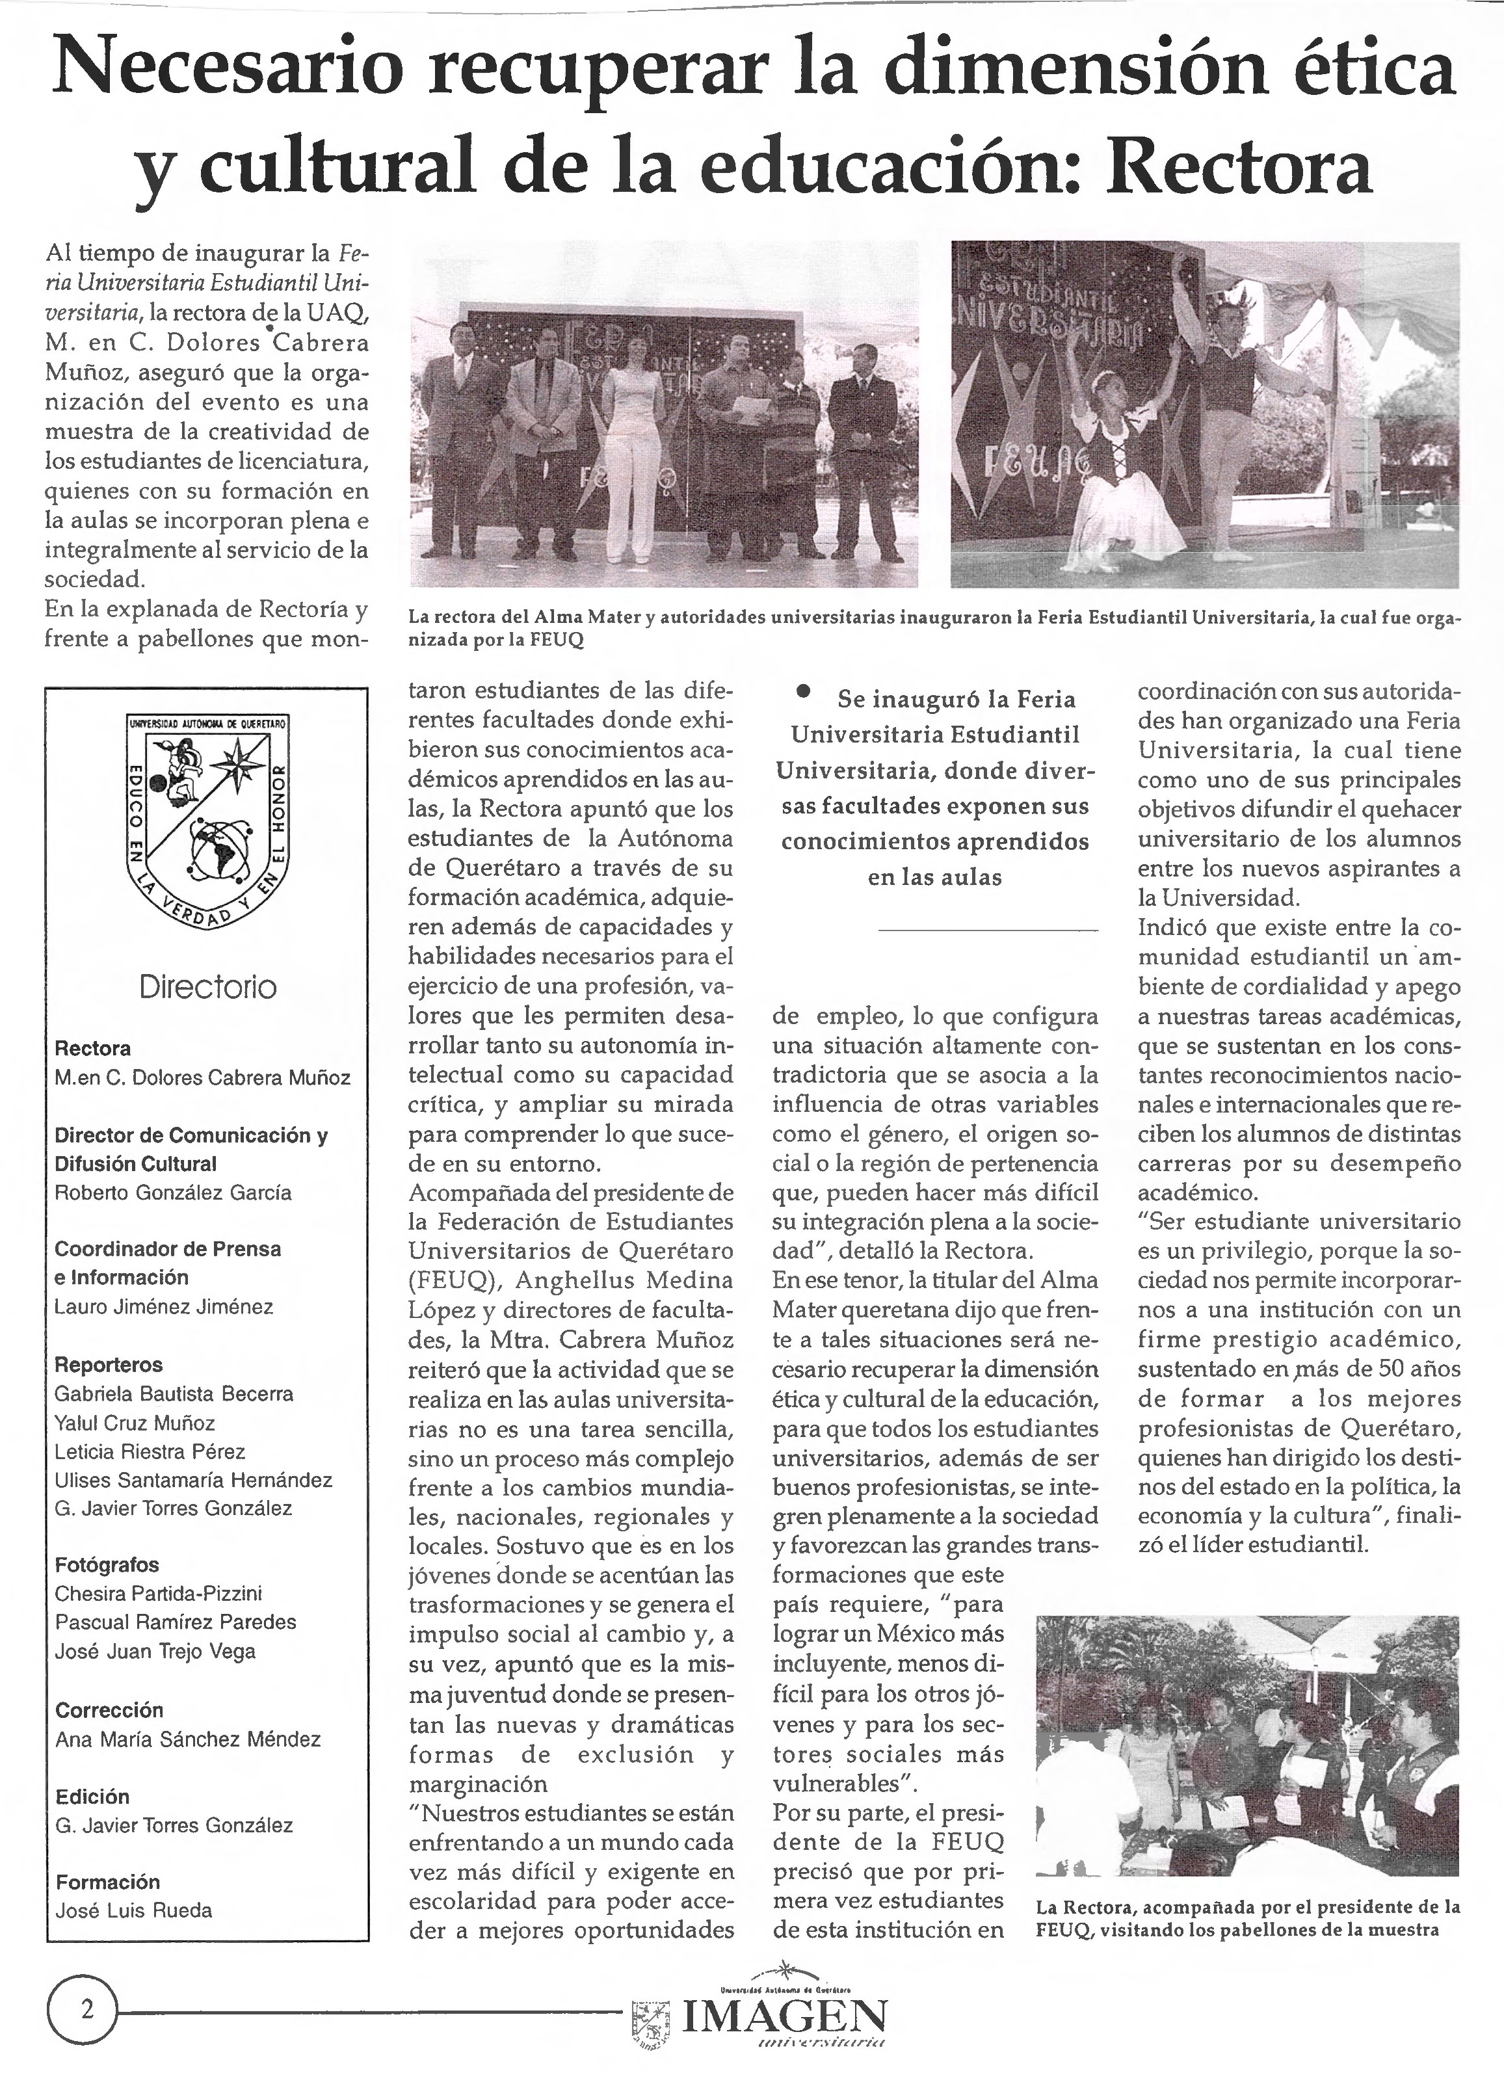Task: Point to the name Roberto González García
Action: (173, 1193)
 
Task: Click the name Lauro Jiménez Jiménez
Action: (164, 1306)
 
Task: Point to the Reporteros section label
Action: (109, 1365)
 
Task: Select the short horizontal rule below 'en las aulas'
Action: (988, 932)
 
